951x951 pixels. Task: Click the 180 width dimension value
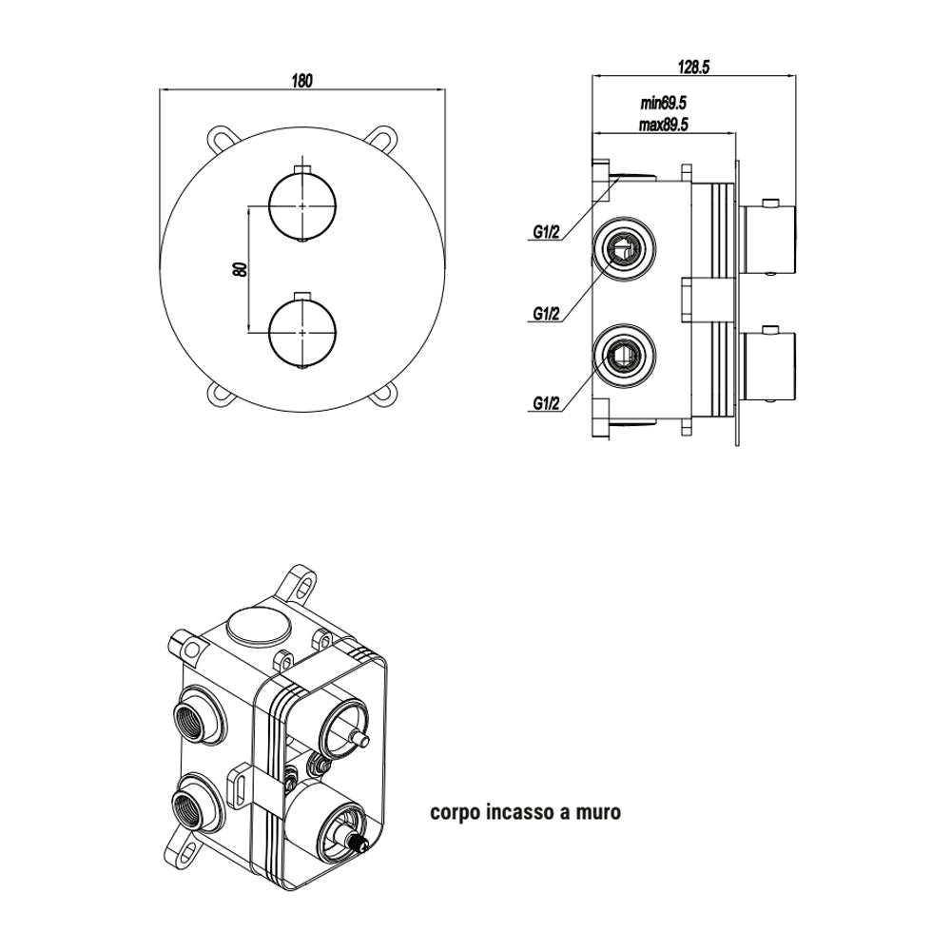tap(301, 81)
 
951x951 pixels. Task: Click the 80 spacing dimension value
tap(241, 269)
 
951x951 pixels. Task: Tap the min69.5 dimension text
tap(663, 102)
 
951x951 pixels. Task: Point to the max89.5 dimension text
tap(663, 124)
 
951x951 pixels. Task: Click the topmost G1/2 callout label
tap(546, 231)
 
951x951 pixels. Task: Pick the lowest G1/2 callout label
tap(546, 403)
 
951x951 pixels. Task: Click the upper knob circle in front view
tap(302, 206)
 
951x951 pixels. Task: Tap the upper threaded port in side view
tap(623, 250)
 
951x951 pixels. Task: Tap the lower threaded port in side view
tap(623, 358)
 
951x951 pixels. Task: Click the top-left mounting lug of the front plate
tap(219, 139)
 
